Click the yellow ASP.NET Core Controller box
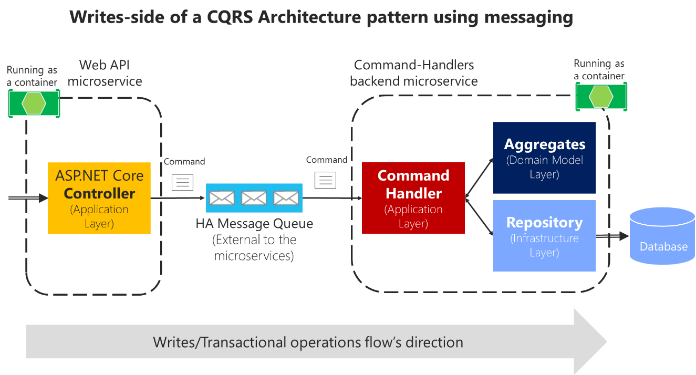pyautogui.click(x=99, y=198)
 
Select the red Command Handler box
pyautogui.click(x=413, y=198)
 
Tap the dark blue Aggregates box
pyautogui.click(x=544, y=158)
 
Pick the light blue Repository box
pyautogui.click(x=544, y=236)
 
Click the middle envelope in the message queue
pyautogui.click(x=254, y=198)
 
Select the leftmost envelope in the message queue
pyautogui.click(x=222, y=198)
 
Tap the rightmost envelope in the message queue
pyautogui.click(x=286, y=198)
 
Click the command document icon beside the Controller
pyautogui.click(x=183, y=182)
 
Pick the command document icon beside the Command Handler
pyautogui.click(x=325, y=180)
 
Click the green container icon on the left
pyautogui.click(x=34, y=103)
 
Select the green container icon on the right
pyautogui.click(x=601, y=97)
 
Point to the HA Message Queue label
pyautogui.click(x=254, y=224)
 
